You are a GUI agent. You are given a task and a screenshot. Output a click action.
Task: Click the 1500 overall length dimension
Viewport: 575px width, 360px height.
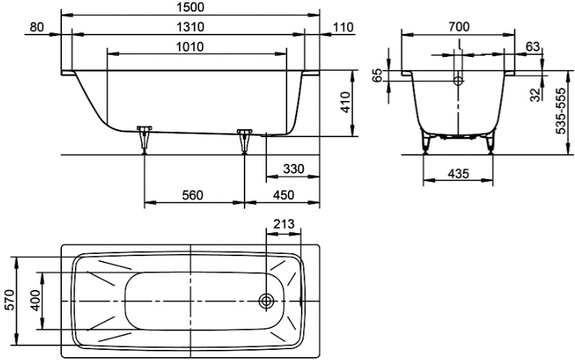tap(190, 7)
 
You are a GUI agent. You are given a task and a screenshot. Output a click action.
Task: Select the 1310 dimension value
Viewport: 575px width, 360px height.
tap(190, 27)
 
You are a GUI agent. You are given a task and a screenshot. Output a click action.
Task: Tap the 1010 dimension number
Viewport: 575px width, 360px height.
tap(190, 47)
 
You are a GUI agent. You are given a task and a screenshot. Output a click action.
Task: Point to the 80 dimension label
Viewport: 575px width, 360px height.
tap(37, 27)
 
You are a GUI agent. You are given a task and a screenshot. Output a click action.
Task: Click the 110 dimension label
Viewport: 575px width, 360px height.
tap(343, 27)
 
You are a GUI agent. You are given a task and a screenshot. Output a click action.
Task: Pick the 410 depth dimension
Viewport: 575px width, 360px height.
tap(345, 102)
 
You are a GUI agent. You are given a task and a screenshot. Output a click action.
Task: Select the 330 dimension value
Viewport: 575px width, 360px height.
tap(294, 169)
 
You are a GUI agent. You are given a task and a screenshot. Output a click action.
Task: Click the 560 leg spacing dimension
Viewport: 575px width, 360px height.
tap(193, 195)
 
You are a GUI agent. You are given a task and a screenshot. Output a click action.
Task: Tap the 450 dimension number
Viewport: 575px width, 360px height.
tap(284, 195)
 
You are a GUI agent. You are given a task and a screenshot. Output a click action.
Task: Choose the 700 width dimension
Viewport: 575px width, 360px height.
tap(458, 27)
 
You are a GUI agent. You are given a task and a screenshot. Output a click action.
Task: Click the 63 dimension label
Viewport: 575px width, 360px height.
tap(532, 47)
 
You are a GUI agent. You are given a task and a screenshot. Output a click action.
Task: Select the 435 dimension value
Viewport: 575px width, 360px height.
tap(458, 173)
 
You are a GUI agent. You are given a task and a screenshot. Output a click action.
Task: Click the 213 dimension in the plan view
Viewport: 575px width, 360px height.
tap(284, 224)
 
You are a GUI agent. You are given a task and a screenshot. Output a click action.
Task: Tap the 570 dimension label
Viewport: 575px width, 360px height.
tap(11, 299)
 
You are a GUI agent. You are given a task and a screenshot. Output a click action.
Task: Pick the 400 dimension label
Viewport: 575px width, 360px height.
tap(35, 300)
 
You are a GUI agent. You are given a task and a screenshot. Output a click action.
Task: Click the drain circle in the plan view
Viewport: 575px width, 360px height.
tap(266, 301)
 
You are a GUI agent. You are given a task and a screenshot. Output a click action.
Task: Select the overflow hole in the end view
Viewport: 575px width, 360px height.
tap(458, 81)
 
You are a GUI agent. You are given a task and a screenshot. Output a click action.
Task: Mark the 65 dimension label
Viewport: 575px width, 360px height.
tap(377, 75)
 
